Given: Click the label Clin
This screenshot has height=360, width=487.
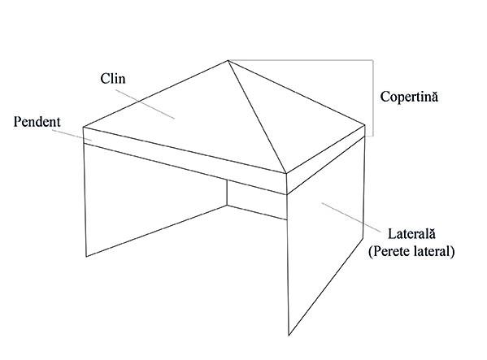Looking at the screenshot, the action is [113, 79].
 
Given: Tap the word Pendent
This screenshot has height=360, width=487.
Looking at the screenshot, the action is [37, 122].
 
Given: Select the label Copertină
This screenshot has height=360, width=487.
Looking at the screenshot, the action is [409, 97].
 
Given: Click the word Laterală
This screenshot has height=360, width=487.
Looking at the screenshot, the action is [411, 233].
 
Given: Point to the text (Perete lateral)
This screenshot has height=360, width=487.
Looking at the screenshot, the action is [411, 251].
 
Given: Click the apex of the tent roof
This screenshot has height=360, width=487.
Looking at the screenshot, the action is [228, 60].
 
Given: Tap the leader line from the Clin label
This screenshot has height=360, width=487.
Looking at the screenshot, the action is [145, 104].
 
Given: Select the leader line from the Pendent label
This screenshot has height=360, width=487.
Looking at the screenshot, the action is [72, 135].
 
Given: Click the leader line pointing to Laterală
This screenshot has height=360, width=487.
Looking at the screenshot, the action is [351, 218].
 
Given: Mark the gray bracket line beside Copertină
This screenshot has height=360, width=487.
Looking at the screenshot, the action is [372, 98].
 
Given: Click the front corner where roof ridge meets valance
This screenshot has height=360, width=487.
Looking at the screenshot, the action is [286, 173].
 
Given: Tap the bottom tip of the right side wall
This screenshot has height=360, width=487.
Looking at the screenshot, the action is [289, 335].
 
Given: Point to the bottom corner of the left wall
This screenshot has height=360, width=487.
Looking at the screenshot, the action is [86, 256].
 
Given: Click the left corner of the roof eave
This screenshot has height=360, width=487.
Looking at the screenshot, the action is [83, 127].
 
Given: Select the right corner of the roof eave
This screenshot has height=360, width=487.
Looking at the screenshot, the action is [365, 125].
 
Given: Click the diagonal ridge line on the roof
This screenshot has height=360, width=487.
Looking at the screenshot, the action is [257, 117].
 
